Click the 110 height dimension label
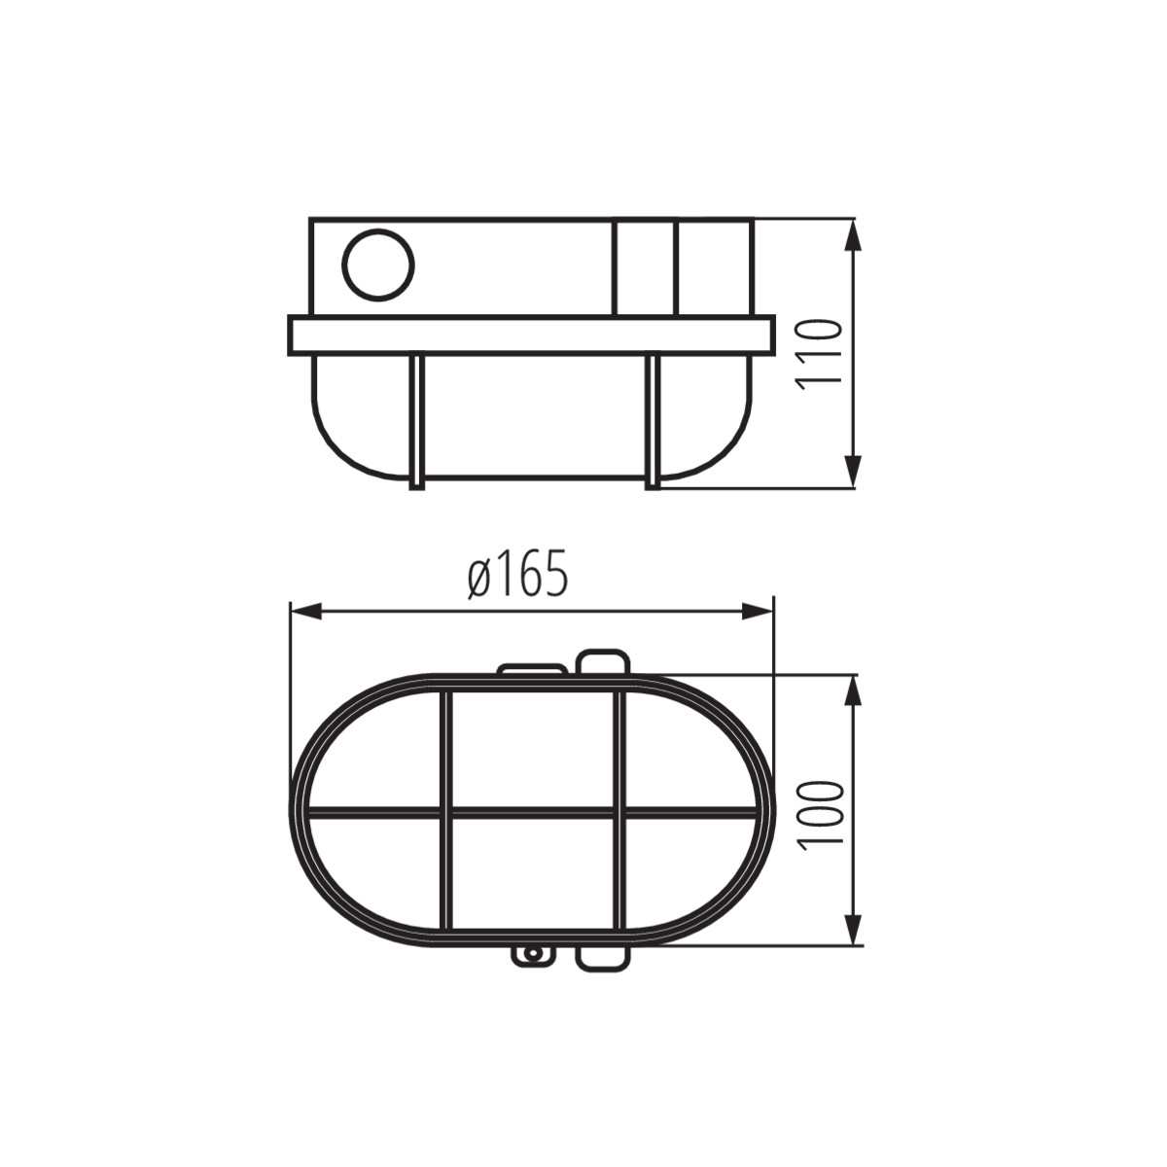[x=821, y=355]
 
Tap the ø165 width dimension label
[x=517, y=573]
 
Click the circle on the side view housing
[x=378, y=265]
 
